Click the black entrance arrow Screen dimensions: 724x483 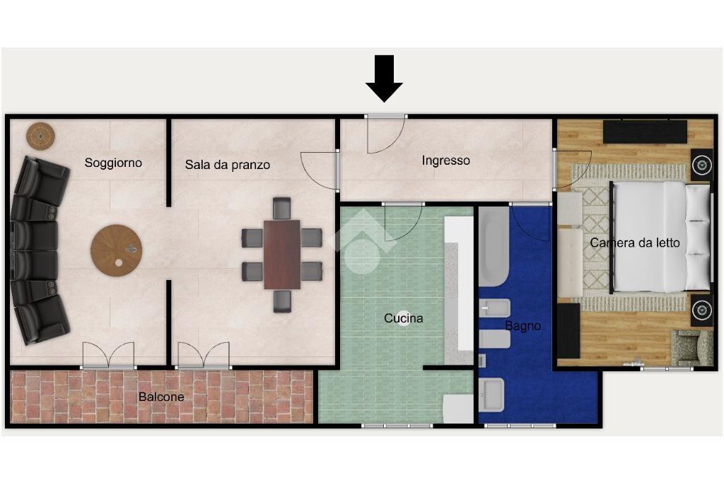[384, 78]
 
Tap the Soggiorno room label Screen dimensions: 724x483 [113, 163]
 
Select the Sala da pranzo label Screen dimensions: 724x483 [228, 165]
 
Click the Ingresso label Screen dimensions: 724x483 [445, 161]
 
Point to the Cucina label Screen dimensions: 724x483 [404, 318]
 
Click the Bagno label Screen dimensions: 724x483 [522, 326]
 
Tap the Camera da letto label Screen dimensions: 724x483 [635, 243]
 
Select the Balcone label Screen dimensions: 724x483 [161, 397]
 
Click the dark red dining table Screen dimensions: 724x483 [282, 255]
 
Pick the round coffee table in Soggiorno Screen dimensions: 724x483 [117, 251]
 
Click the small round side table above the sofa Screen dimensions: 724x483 [40, 136]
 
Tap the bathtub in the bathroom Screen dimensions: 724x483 [494, 247]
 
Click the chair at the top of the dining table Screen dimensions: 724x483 [281, 208]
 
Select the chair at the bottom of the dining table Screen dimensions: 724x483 [282, 301]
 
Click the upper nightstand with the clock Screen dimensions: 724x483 [701, 165]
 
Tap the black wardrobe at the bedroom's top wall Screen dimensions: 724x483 [645, 132]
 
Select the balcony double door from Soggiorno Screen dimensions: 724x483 [108, 356]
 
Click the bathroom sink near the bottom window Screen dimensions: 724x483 [491, 395]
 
